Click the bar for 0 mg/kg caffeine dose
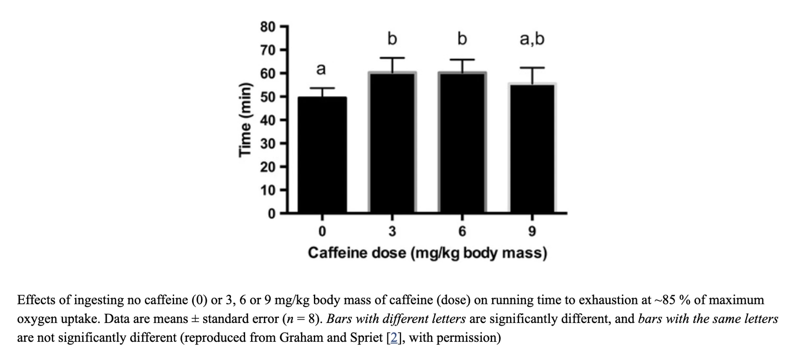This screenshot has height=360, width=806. click(x=322, y=155)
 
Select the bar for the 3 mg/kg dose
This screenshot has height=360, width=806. click(x=392, y=143)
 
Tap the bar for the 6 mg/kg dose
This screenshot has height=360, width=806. click(x=462, y=143)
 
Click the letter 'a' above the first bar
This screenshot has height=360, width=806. click(x=321, y=69)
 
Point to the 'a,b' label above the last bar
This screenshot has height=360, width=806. click(x=532, y=39)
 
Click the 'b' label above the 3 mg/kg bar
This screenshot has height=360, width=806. click(x=392, y=39)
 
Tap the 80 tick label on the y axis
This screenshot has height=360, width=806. click(x=268, y=27)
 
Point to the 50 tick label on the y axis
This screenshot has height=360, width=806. click(x=268, y=97)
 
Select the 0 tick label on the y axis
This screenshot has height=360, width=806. click(x=272, y=213)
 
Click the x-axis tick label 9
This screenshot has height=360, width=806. click(x=532, y=231)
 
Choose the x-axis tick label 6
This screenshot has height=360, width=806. click(x=462, y=231)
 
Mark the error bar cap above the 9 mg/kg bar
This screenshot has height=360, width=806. click(x=532, y=68)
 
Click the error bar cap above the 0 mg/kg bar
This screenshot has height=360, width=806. click(x=322, y=88)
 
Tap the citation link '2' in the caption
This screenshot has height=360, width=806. click(x=394, y=337)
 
